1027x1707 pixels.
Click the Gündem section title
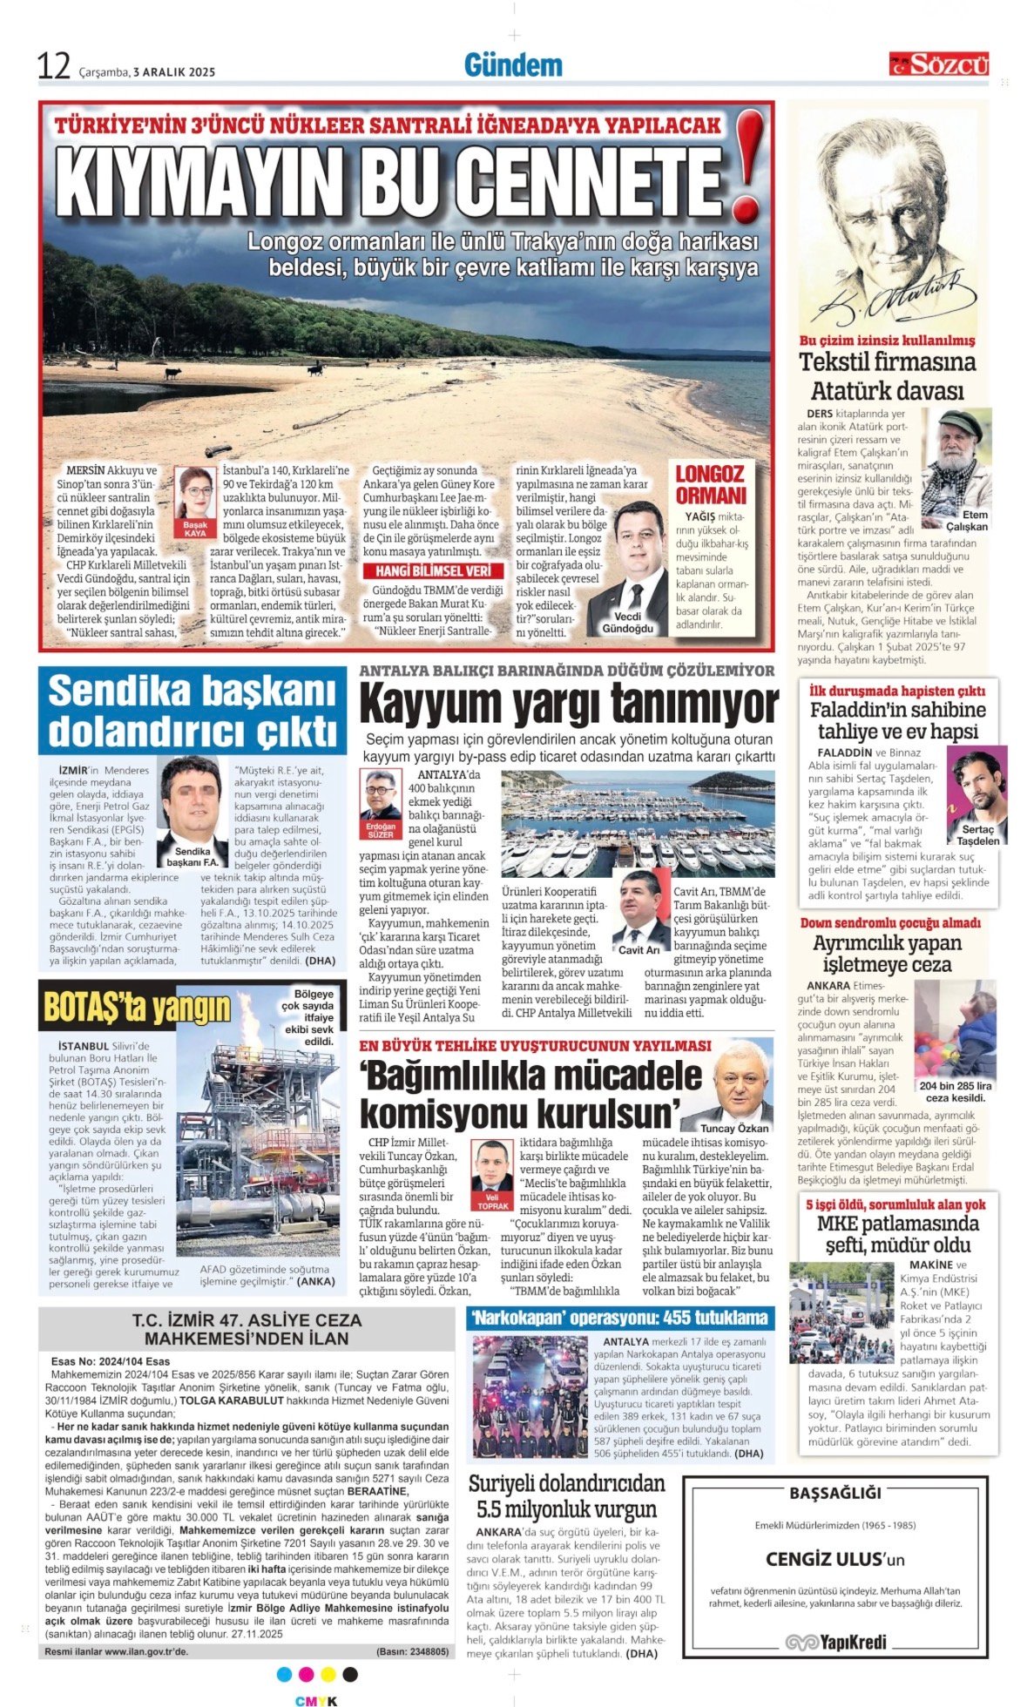512,65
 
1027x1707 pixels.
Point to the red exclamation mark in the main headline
747,165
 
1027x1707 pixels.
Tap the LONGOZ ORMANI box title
711,484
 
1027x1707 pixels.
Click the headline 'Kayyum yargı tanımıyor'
568,703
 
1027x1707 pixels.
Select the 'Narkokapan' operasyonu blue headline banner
619,1318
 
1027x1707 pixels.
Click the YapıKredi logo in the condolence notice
835,1642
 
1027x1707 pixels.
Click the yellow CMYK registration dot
328,1675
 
